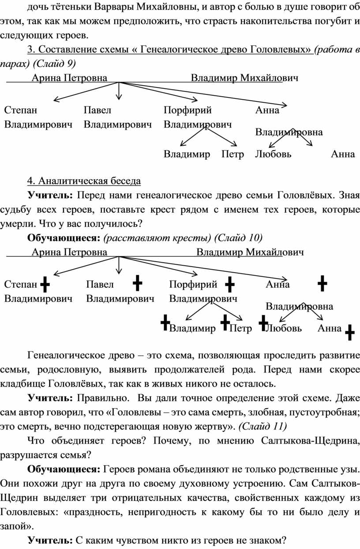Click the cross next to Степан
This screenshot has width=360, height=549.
[45, 284]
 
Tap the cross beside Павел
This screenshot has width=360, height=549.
[137, 283]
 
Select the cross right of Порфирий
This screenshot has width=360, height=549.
[229, 284]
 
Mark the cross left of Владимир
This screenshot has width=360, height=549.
[165, 322]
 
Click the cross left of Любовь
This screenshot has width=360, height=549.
[263, 323]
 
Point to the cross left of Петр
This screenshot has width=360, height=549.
[225, 322]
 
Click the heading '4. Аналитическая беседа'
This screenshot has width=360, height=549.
[84, 181]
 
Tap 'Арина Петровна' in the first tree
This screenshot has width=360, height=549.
[69, 78]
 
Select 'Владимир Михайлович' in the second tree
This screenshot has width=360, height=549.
[250, 252]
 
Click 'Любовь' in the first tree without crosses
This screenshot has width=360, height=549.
[273, 154]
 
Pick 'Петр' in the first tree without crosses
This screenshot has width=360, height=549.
[232, 154]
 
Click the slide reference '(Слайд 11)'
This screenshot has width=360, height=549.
[262, 427]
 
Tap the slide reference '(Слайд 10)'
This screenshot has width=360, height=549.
[238, 238]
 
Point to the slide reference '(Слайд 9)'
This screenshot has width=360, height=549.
[54, 64]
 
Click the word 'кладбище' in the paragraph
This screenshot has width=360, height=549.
[22, 384]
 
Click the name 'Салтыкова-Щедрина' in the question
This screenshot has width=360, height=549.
[310, 441]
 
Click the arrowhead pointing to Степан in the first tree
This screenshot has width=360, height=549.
[56, 99]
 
